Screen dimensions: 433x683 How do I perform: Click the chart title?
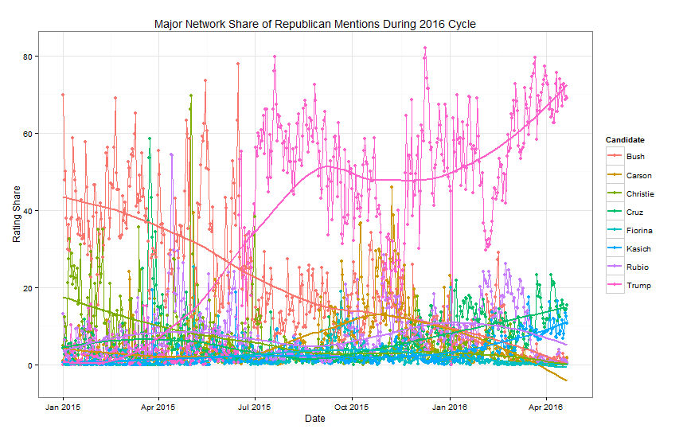[315, 25]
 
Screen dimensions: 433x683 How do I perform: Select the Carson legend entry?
[638, 175]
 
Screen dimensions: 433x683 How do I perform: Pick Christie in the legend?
[640, 193]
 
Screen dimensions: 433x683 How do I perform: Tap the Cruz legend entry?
[635, 213]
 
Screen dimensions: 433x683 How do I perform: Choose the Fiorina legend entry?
[639, 231]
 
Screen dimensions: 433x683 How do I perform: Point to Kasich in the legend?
[638, 249]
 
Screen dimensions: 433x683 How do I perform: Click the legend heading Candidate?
[625, 140]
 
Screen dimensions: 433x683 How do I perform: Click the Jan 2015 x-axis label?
[63, 406]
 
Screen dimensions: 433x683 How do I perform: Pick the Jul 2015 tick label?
[255, 406]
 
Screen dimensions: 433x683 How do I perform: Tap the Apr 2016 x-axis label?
[545, 406]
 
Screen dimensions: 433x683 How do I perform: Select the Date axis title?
[315, 419]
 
